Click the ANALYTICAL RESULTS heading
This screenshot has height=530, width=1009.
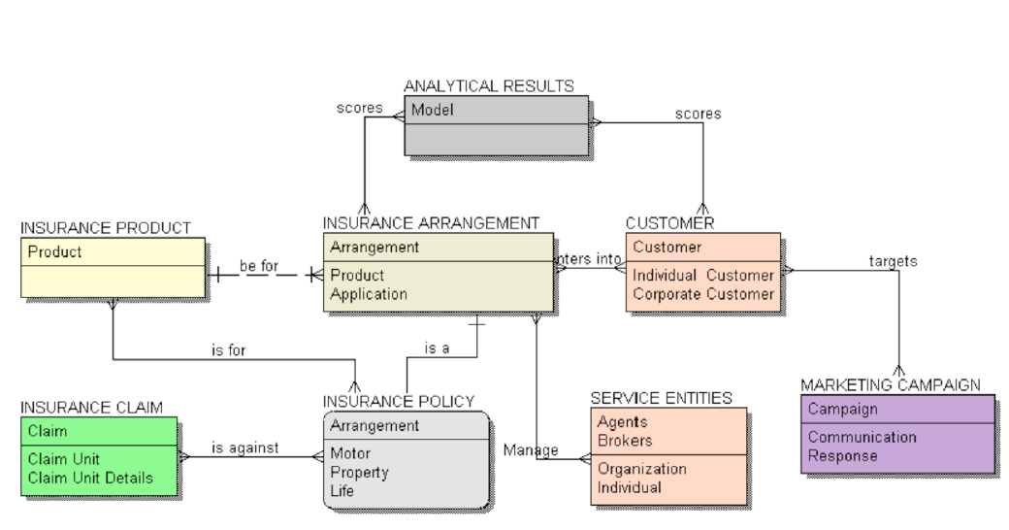coord(488,86)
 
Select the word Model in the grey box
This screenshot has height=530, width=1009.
coord(432,110)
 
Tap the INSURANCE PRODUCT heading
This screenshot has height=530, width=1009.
coord(106,228)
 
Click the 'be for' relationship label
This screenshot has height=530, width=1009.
coord(259,265)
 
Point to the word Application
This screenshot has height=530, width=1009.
coord(368,294)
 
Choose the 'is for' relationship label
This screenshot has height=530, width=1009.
coord(229,350)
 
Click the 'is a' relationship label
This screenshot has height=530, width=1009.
coord(437,348)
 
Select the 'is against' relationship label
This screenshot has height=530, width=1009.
coord(244,447)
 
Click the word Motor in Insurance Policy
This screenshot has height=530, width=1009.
coord(350,453)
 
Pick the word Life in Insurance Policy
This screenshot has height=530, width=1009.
coord(342,491)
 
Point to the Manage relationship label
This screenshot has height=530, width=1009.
coord(531,449)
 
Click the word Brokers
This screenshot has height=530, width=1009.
coord(624,440)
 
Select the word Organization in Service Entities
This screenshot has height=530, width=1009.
coord(641,469)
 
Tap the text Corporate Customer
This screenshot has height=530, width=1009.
coord(703,294)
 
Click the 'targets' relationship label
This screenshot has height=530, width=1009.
coord(893,261)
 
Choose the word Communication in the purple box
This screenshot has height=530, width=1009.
coord(862,437)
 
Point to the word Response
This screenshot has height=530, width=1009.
coord(842,455)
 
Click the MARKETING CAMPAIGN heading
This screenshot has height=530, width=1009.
coord(890,385)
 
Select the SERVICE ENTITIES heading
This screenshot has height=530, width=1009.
coord(661,398)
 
